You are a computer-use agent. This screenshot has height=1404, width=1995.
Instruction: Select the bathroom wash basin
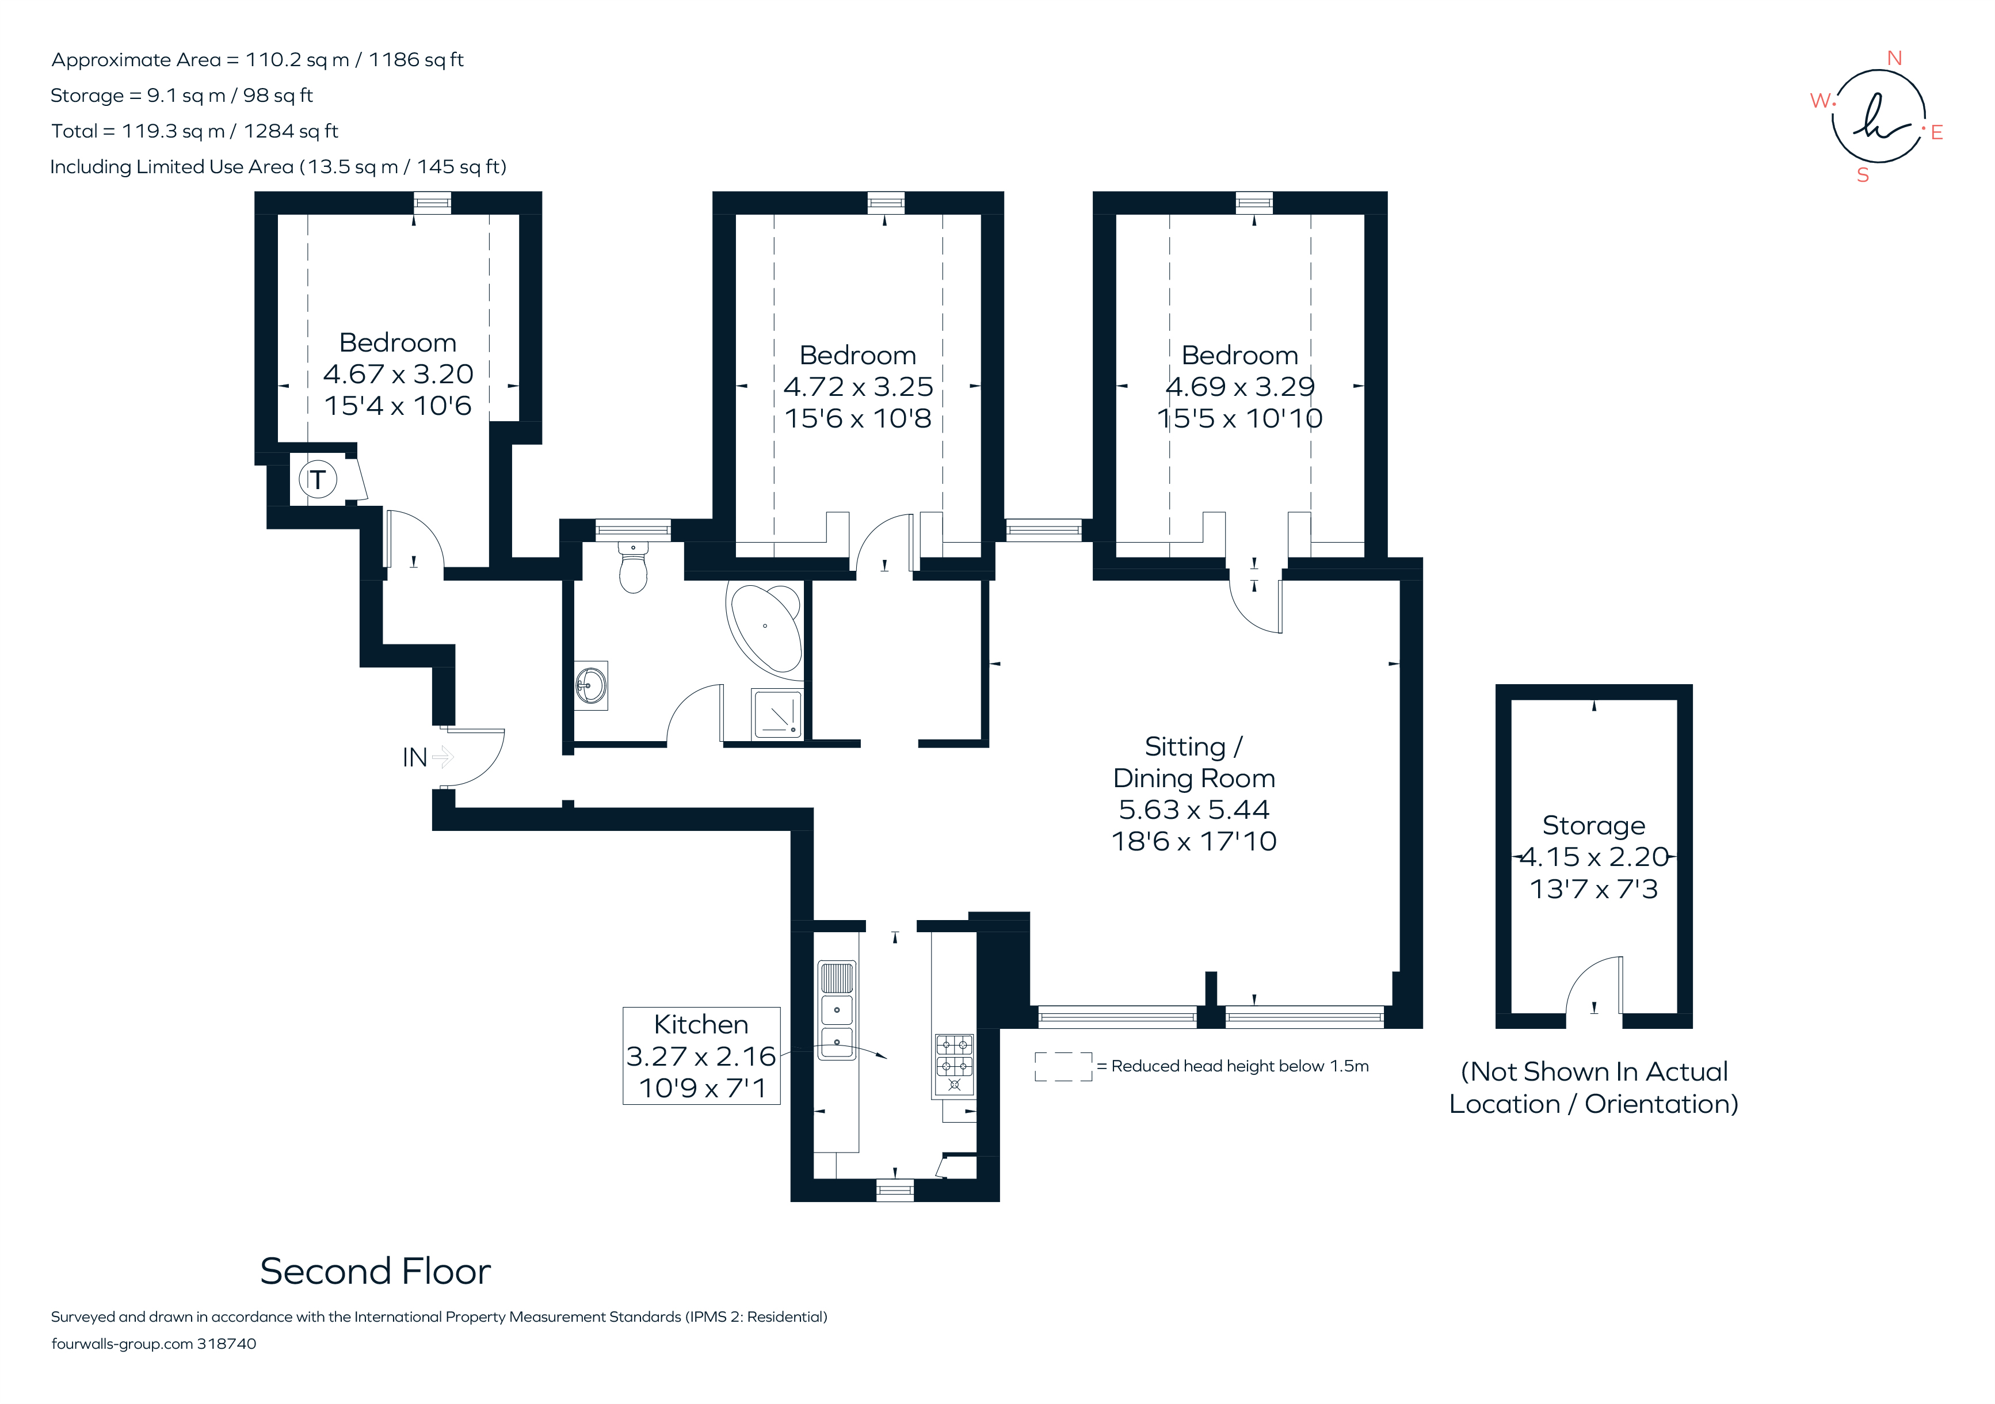(x=591, y=685)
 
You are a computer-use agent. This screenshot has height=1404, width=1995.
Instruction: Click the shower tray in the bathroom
(x=777, y=714)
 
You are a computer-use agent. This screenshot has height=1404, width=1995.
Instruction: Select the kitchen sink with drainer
(x=837, y=1010)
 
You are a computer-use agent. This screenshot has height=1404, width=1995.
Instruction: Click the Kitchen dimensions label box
(x=701, y=1056)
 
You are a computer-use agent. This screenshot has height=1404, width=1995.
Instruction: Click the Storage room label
(x=1593, y=825)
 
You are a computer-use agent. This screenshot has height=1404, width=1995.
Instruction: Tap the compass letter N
(x=1894, y=58)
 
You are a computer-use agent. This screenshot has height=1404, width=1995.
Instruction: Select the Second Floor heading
(x=375, y=1271)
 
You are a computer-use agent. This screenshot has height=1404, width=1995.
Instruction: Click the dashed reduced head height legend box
(x=1063, y=1066)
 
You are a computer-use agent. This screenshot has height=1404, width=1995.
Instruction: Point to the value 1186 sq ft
(x=415, y=60)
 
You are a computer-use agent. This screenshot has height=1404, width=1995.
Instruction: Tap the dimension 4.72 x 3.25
(x=857, y=387)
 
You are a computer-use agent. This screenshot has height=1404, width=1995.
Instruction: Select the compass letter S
(x=1862, y=175)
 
